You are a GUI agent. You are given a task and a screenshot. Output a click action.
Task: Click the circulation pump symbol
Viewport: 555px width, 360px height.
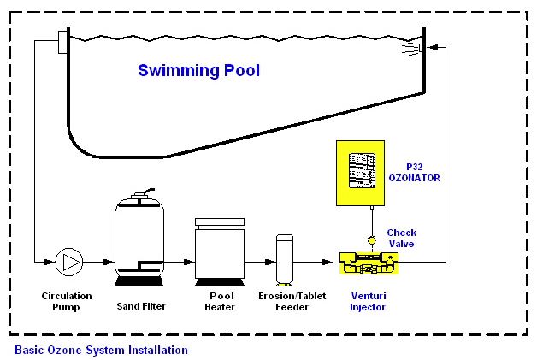pos(69,263)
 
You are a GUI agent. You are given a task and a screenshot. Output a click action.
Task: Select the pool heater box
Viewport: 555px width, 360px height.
pos(220,252)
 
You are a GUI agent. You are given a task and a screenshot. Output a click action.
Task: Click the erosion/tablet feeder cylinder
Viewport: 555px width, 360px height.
pos(285,260)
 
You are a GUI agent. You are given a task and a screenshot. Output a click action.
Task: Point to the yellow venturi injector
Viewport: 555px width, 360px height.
pos(369,263)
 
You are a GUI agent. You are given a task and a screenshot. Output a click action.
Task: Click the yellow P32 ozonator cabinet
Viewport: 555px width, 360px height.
pos(360,173)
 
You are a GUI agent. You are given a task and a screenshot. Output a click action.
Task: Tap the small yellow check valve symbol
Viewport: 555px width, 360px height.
pos(372,240)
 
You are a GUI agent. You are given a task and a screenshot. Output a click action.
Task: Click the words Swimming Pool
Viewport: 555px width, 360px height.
pos(199,70)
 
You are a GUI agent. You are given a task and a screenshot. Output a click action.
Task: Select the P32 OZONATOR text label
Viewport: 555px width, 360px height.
pos(415,173)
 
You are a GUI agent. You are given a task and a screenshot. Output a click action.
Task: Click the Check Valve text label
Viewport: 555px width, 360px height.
pos(401,239)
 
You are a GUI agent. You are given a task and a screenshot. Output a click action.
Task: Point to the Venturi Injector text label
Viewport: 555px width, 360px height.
pos(368,301)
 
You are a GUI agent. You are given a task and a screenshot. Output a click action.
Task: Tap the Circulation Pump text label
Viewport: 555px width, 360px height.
pos(67,301)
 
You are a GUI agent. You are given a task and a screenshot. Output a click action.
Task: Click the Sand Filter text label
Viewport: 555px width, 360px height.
pos(141,306)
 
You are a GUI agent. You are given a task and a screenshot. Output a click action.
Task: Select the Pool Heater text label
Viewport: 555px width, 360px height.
pos(220,301)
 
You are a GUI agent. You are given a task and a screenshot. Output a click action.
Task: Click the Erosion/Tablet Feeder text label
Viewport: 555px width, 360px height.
pos(292,301)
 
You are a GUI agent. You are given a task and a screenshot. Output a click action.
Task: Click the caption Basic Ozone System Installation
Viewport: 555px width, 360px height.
pos(101,350)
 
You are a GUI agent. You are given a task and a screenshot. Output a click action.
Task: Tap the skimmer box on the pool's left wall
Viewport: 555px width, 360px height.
pos(63,42)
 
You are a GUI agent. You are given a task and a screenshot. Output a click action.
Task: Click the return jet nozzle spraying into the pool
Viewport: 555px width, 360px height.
pos(421,47)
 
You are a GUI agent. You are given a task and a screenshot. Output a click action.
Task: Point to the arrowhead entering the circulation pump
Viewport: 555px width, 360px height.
pos(49,263)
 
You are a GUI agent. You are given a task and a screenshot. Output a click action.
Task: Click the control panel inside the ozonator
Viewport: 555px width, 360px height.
pos(362,171)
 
